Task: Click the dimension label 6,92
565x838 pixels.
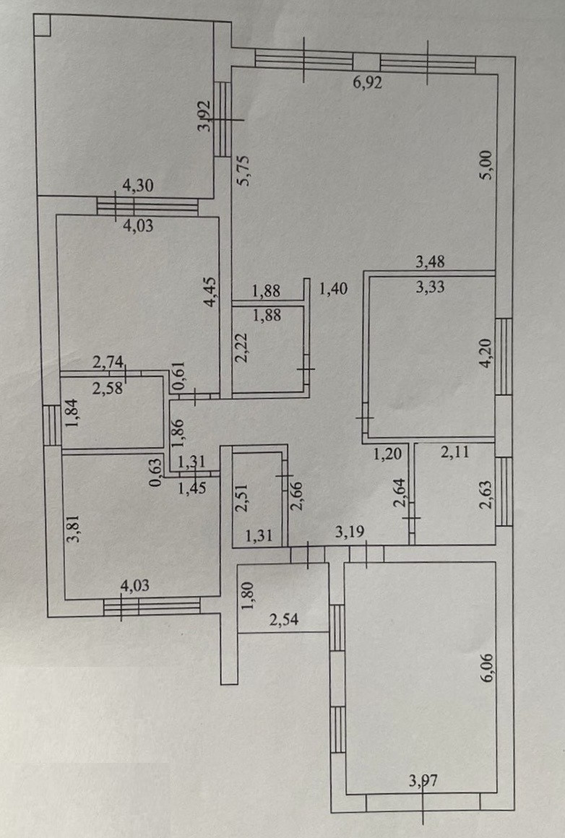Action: pos(367,82)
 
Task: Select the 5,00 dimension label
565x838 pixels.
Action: pos(487,165)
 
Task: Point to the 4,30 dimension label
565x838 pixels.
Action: pos(139,186)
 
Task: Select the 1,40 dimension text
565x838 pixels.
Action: pos(333,290)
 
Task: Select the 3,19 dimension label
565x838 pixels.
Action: pos(350,533)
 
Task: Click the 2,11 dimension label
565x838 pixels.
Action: pos(455,454)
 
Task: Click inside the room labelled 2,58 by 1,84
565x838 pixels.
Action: pos(112,412)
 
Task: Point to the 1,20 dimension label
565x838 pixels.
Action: pos(387,454)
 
